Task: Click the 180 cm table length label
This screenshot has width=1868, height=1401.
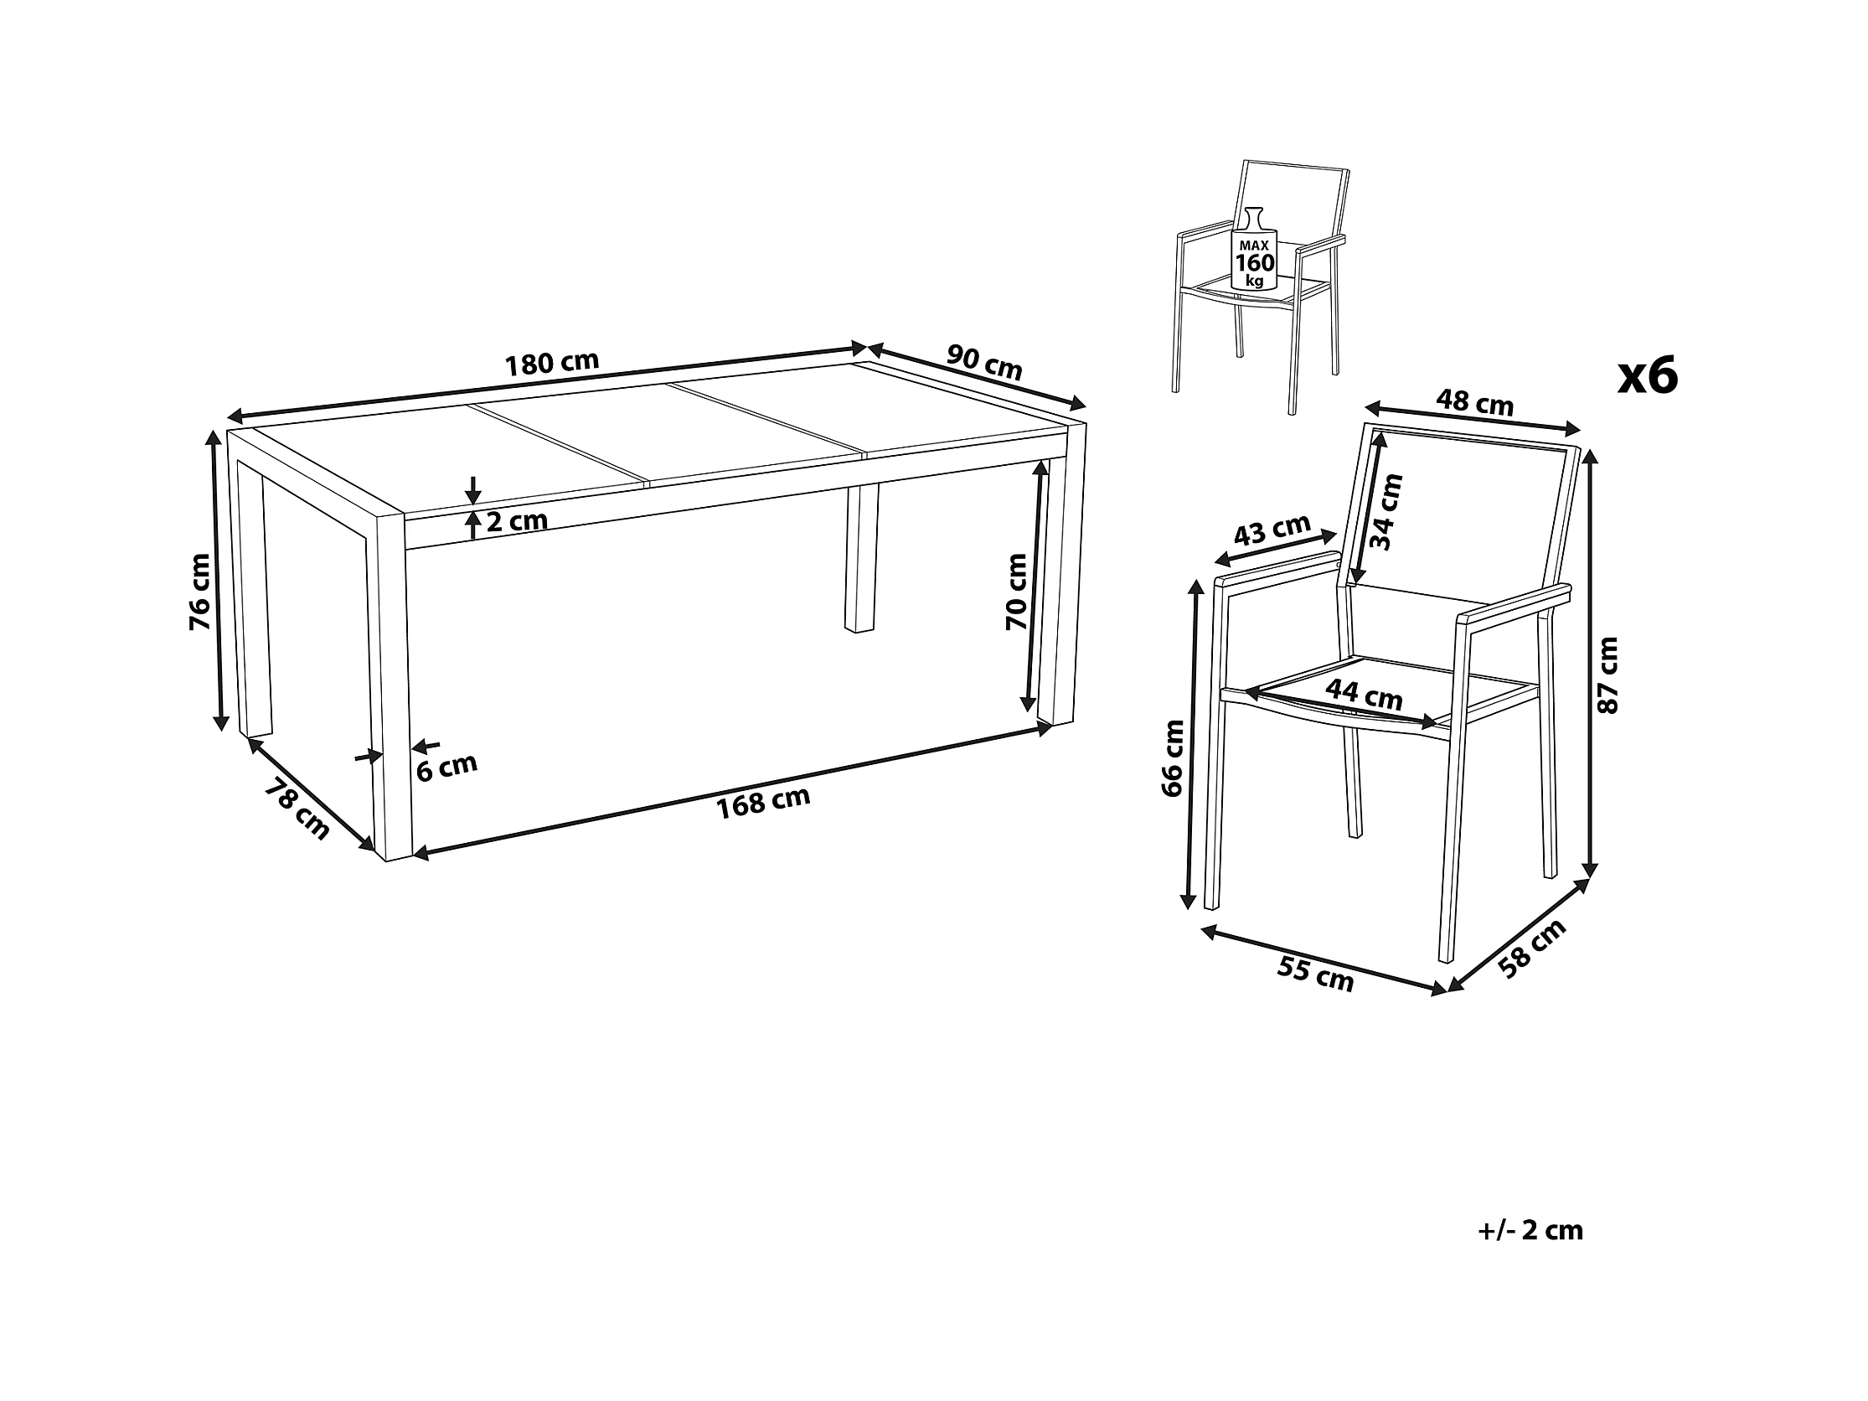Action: [551, 363]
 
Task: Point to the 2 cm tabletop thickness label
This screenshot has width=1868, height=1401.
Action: [517, 520]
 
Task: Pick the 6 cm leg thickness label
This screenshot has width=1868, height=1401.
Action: [447, 767]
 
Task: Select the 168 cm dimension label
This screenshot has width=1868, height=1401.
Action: [763, 801]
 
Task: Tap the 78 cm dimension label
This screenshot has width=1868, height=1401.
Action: [297, 810]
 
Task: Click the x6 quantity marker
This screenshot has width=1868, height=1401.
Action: [1648, 376]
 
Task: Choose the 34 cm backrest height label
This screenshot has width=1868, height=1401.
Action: [1386, 513]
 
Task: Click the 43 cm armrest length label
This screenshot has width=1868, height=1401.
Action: [1272, 530]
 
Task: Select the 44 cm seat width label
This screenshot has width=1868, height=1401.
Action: [1364, 695]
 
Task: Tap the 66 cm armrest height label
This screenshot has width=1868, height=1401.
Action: [1173, 758]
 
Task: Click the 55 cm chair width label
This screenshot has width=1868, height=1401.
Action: [1315, 974]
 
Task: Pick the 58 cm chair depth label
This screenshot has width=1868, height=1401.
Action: [1533, 949]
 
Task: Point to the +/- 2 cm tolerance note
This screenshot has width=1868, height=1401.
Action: [1530, 1230]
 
